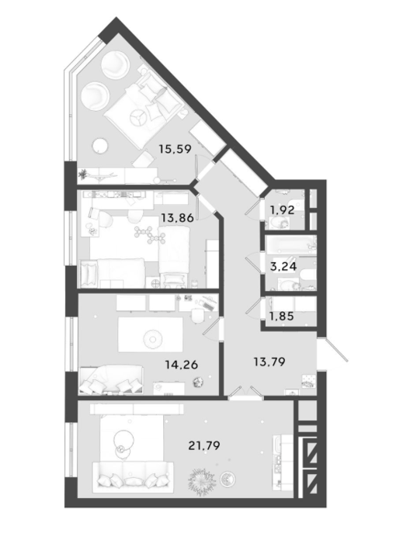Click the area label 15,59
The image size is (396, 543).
(175, 149)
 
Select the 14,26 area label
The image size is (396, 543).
(182, 365)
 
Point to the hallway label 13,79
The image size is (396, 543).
(269, 362)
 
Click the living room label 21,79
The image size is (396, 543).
(204, 445)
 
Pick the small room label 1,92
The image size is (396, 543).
(283, 210)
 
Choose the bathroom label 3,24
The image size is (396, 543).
(283, 266)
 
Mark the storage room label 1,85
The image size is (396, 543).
(282, 316)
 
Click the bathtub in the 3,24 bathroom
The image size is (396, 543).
(291, 245)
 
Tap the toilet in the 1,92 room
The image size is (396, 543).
(280, 223)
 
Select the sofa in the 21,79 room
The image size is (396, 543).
(133, 476)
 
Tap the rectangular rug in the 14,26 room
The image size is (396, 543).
(151, 335)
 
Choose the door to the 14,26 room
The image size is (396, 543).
(211, 328)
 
